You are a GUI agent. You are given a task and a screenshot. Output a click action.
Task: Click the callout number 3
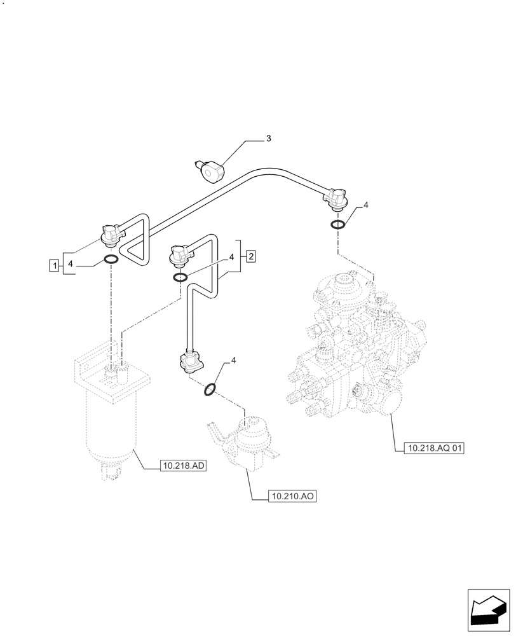269,138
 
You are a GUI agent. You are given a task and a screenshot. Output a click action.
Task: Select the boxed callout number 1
55,263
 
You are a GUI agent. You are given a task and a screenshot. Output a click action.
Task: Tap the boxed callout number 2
251,256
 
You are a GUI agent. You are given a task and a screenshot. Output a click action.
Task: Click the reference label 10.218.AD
184,466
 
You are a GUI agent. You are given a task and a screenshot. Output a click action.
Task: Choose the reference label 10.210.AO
293,496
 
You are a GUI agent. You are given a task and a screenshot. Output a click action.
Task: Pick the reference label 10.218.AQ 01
435,448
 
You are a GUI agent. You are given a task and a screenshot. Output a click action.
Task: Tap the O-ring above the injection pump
338,224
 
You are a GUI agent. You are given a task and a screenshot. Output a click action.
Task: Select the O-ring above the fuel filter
111,259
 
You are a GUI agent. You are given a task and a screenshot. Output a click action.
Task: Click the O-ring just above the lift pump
210,389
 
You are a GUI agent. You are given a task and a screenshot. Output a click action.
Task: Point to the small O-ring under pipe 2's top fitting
180,277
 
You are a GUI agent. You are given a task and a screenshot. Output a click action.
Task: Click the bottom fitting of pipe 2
190,363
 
